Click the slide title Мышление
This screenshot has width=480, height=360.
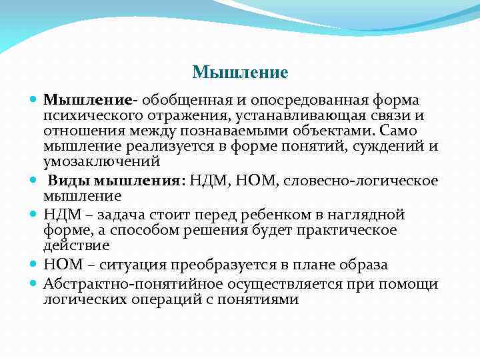pos(239,71)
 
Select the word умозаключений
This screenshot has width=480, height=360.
pos(102,161)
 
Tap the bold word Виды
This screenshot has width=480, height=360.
pos(69,181)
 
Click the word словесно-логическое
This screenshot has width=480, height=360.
pos(371,181)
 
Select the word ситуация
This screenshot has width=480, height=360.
pos(126,265)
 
